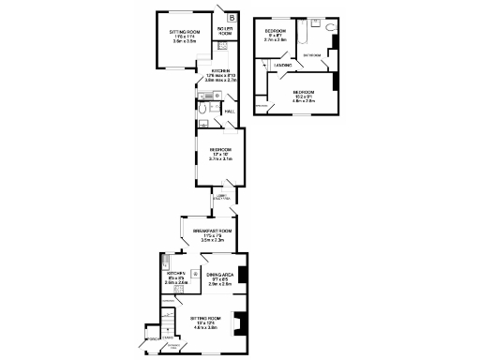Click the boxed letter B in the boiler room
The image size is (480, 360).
point(232,17)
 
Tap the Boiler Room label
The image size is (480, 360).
point(225,32)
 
